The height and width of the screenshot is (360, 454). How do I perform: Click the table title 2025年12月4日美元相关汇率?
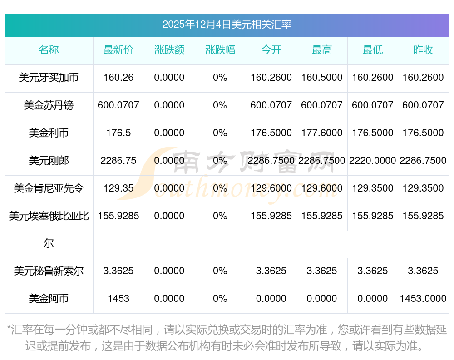[x=227, y=25]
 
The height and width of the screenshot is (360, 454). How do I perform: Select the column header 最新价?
[x=118, y=50]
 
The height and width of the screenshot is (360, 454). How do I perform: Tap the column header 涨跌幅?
[x=220, y=50]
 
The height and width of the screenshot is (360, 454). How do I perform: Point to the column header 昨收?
[x=423, y=50]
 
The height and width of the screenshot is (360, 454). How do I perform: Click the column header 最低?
[x=373, y=50]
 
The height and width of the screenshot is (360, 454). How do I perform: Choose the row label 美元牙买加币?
[x=49, y=78]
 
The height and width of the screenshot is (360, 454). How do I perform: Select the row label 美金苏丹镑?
[x=49, y=105]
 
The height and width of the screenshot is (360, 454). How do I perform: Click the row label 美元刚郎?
[x=49, y=160]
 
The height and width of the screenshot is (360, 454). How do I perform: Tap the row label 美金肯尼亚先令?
[x=49, y=188]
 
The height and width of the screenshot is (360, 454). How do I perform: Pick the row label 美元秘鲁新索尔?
[x=49, y=271]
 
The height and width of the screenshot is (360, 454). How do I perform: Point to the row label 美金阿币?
[x=49, y=299]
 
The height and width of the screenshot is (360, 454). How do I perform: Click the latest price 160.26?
[x=118, y=78]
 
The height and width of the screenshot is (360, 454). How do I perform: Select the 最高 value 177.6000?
[x=322, y=133]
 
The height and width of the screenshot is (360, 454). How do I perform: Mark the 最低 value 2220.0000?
[x=373, y=160]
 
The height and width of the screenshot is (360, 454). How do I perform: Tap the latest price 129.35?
[x=118, y=188]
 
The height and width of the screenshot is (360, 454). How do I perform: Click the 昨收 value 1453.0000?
[x=423, y=299]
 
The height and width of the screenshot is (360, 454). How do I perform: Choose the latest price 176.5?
[x=118, y=133]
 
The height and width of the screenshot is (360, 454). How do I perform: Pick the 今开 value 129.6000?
[x=271, y=188]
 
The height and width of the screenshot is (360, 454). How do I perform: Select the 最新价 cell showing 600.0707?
[x=118, y=105]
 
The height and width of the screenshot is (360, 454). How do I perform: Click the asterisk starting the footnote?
[x=9, y=329]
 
